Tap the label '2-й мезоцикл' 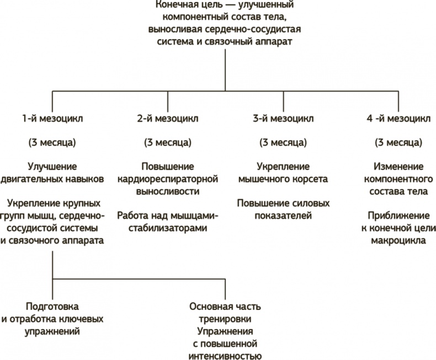(x=168, y=119)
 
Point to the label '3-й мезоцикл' (x=283, y=119)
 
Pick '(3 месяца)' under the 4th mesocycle (x=398, y=143)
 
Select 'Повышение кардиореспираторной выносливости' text (x=168, y=179)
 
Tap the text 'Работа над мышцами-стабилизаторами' (x=168, y=221)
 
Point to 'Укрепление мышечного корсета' (x=283, y=173)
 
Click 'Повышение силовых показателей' (x=283, y=209)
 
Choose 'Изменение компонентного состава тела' (x=398, y=179)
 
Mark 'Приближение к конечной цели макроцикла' (x=398, y=227)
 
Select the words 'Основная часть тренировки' (x=225, y=312)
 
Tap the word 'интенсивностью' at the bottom (x=225, y=354)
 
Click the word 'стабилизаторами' (x=168, y=227)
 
